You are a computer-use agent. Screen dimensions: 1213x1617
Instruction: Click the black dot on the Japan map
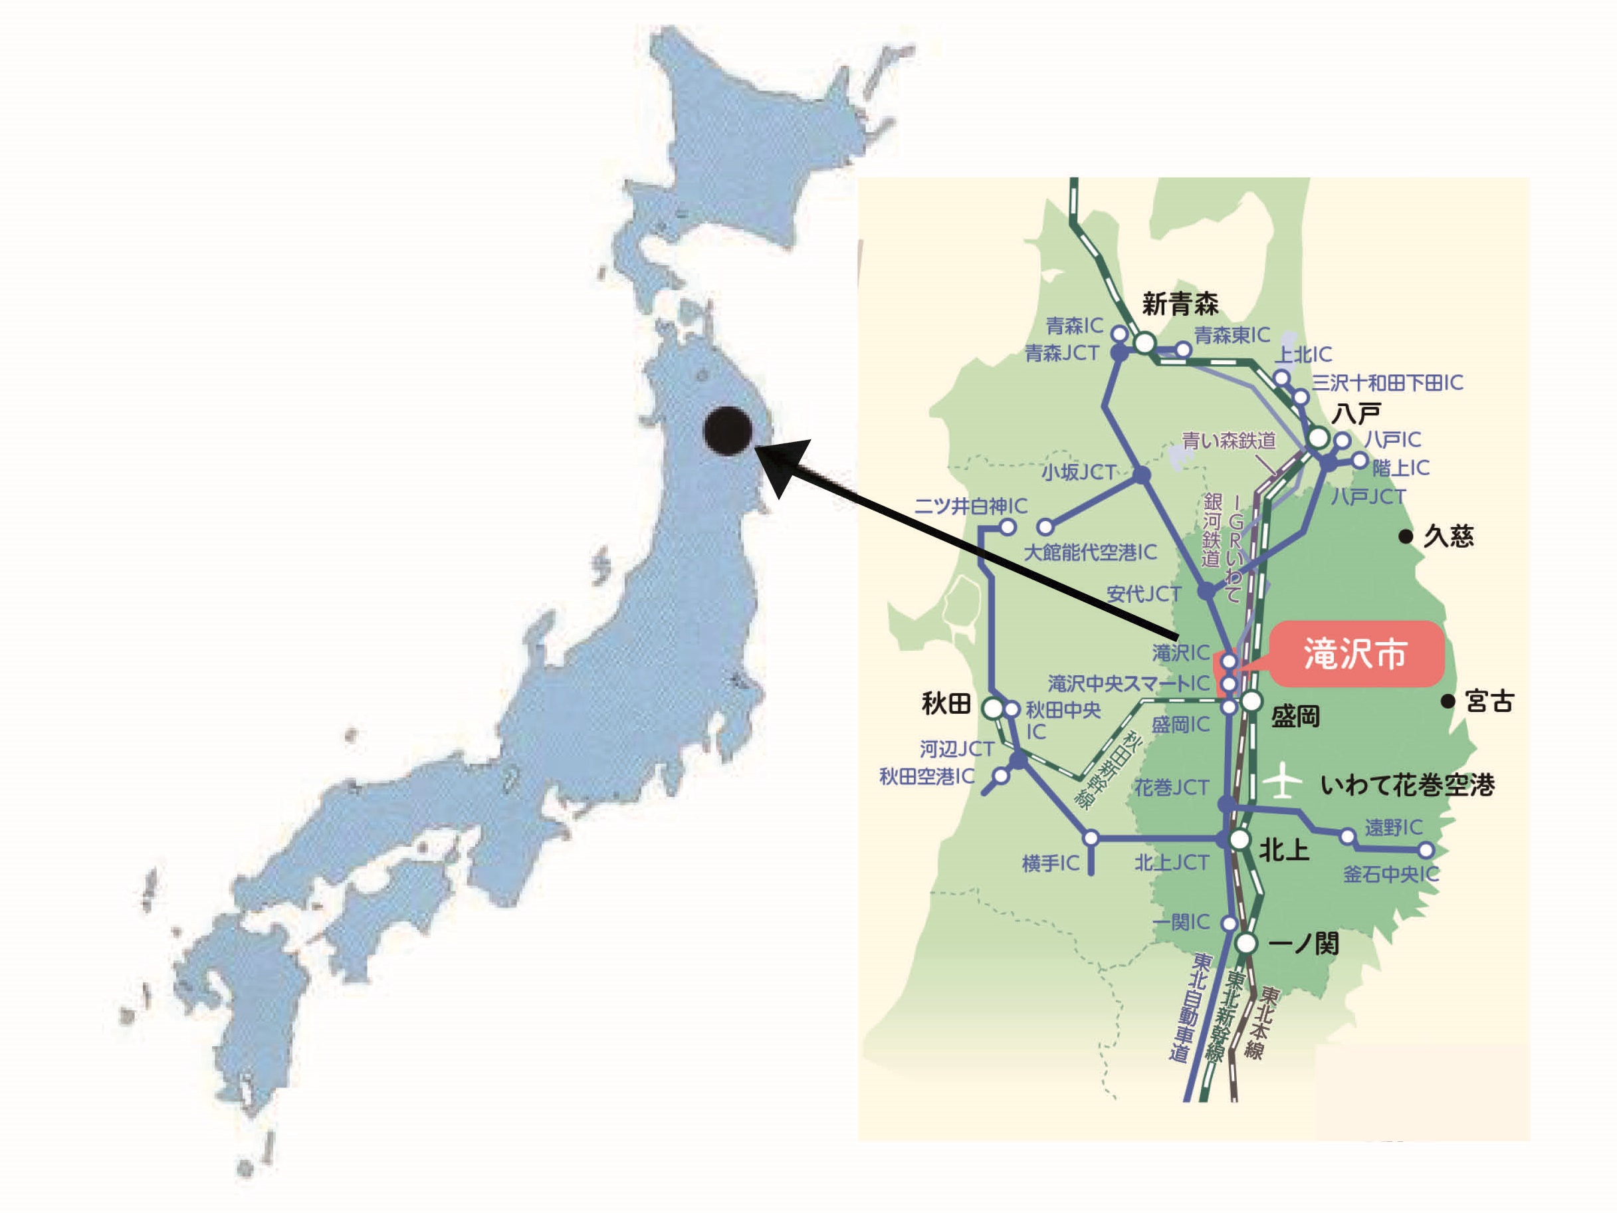point(727,431)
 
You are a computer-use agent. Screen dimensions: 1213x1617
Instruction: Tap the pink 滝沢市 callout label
point(1356,653)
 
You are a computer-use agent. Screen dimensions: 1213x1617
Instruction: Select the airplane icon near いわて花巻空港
point(1282,782)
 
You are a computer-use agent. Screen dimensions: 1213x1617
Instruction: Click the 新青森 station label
point(1180,304)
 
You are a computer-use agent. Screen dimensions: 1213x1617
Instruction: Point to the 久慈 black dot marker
point(1405,536)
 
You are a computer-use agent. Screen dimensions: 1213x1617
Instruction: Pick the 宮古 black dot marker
point(1448,701)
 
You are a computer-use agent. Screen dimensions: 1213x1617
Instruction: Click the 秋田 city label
point(946,704)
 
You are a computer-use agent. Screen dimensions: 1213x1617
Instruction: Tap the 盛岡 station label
point(1295,717)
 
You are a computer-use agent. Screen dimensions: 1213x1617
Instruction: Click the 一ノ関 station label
point(1303,944)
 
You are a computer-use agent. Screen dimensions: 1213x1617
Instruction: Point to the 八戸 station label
point(1356,414)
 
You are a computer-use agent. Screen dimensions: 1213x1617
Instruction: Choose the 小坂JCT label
point(1078,473)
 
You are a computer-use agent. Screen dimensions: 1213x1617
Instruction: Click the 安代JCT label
point(1143,594)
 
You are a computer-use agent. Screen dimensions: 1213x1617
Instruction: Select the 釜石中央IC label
point(1390,874)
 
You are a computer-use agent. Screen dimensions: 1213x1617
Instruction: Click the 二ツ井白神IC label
point(970,506)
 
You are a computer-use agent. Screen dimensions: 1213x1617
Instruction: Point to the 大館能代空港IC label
point(1090,552)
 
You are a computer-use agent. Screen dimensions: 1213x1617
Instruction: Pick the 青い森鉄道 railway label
point(1229,440)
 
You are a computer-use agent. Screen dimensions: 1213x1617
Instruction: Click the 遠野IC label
point(1393,827)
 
